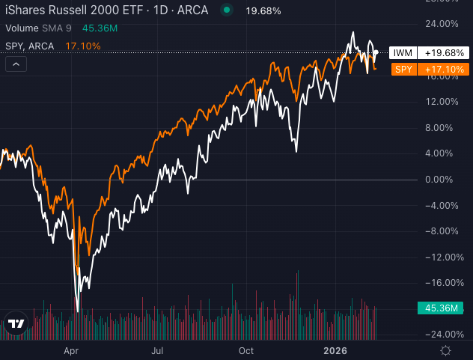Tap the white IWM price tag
tap(430, 54)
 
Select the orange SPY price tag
tap(430, 70)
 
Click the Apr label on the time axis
tap(71, 350)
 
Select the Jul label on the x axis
tap(158, 350)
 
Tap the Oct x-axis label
tap(245, 350)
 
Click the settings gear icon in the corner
tap(446, 350)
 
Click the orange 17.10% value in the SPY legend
tap(84, 46)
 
